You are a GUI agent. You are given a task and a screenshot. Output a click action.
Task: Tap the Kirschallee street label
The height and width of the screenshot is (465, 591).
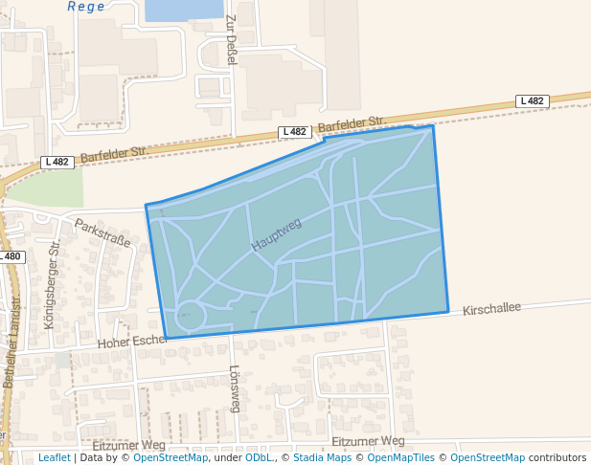point(491,309)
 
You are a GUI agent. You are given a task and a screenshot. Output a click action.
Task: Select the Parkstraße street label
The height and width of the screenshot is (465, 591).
point(102,233)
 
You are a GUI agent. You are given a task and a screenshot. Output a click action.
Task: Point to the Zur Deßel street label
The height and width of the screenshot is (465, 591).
point(231,40)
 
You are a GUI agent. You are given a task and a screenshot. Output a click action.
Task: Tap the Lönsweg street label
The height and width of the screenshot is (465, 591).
point(235,388)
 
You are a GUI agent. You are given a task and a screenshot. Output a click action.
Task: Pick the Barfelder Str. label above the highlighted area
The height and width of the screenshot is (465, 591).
point(351,124)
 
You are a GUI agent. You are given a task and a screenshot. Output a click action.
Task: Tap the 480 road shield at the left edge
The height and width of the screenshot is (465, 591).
point(11,256)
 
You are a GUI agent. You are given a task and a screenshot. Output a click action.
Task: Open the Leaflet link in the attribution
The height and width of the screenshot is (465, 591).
point(54,458)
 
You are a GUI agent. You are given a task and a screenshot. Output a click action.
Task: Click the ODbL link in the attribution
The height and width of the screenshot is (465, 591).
point(257,458)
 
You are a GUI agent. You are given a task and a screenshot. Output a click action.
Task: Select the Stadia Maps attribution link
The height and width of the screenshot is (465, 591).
point(322,458)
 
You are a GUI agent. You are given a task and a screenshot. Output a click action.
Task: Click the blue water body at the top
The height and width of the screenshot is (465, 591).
point(183,10)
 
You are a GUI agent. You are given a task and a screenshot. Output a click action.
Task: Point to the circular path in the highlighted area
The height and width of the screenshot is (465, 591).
point(190,315)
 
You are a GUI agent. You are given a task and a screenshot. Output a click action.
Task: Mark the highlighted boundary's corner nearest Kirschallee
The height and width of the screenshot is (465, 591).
point(447,311)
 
